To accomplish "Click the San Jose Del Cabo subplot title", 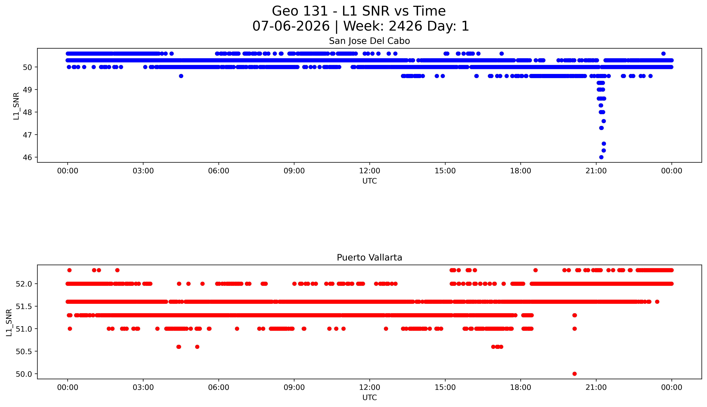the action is pos(369,41).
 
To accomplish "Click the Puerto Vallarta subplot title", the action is pos(369,258).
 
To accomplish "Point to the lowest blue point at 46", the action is pos(601,157).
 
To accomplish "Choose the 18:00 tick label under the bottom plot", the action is pos(521,387).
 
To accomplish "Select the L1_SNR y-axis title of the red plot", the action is pos(9,323).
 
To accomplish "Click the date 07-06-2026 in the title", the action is pos(291,26).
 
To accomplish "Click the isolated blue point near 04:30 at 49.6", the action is pos(181,76).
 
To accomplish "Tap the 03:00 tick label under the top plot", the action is pos(143,171).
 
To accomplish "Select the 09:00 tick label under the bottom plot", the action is pos(294,387).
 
